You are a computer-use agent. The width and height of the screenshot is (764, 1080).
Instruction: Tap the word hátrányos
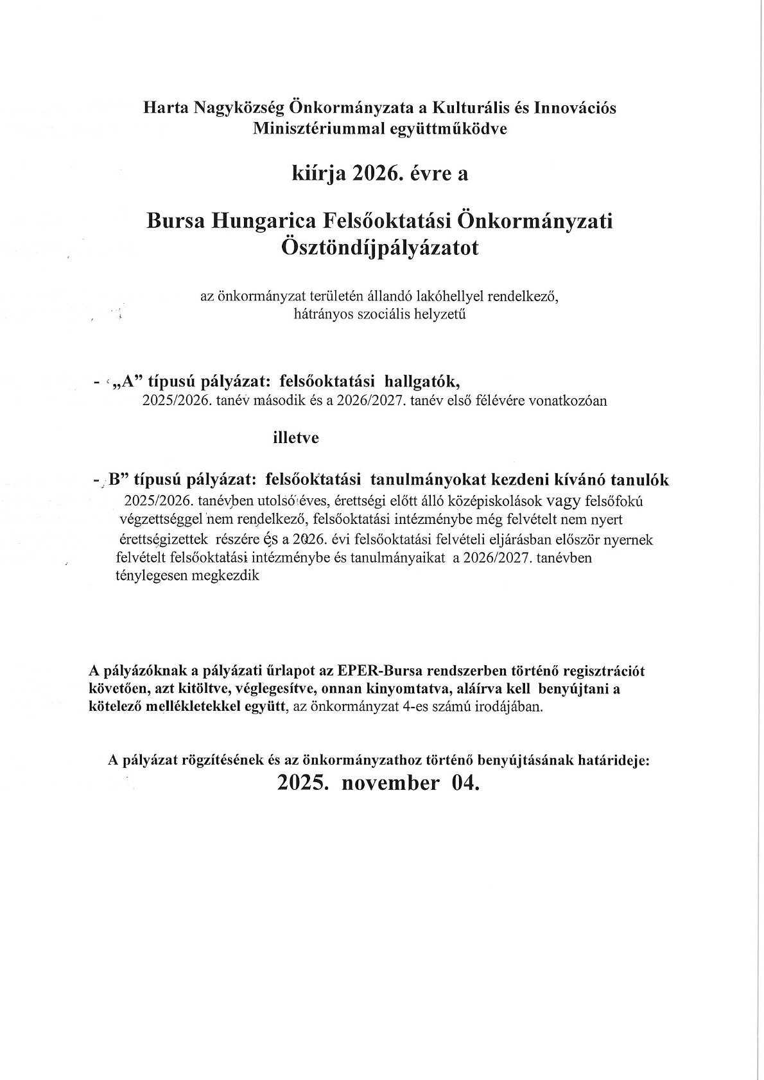(324, 315)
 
